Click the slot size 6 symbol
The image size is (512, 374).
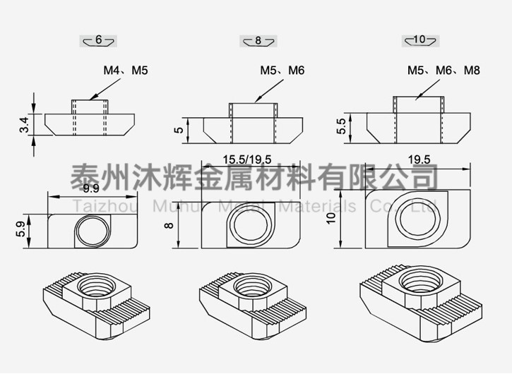98,40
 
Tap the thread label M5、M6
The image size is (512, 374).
282,71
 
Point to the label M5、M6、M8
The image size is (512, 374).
443,71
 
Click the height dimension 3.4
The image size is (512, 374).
25,125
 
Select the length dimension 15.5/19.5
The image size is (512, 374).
247,159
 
